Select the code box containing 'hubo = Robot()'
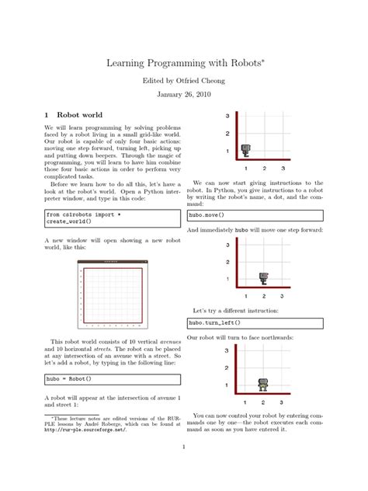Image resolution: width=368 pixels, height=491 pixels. click(113, 379)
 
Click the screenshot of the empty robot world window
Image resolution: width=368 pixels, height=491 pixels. click(113, 294)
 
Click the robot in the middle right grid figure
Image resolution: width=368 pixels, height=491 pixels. click(264, 277)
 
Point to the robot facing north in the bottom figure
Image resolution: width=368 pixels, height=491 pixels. click(264, 384)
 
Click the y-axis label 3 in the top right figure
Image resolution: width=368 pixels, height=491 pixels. click(227, 116)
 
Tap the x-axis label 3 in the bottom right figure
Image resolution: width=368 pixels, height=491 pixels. click(282, 402)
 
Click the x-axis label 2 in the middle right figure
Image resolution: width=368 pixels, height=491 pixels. click(264, 296)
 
